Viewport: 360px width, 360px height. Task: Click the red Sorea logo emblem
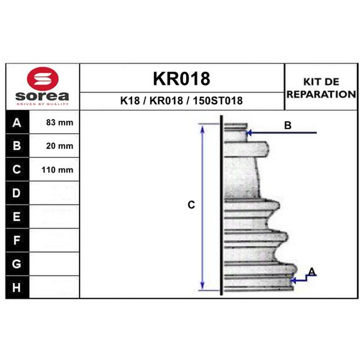point(43,79)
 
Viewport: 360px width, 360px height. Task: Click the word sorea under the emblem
point(42,96)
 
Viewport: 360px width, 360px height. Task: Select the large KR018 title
point(181,78)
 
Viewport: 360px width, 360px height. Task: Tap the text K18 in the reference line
point(130,100)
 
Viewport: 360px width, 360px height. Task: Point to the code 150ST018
point(218,100)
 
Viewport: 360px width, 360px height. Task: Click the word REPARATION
point(321,94)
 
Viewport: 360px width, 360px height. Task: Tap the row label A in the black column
point(17,122)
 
